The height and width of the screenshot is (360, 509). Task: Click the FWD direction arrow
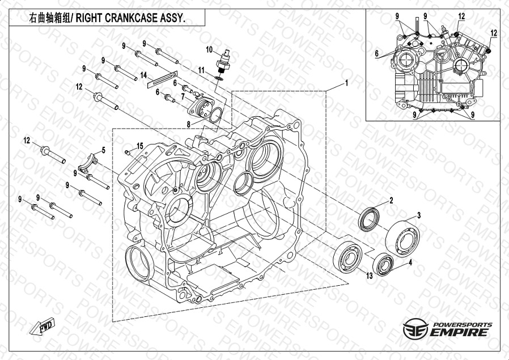(42, 326)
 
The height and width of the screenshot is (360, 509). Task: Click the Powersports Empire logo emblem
(415, 328)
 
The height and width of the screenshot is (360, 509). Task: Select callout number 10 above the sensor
(209, 50)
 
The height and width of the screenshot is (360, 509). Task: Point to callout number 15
(140, 146)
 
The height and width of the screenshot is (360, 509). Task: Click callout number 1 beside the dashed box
(346, 83)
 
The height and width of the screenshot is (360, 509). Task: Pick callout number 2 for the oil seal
(391, 201)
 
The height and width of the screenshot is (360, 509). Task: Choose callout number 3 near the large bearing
(419, 215)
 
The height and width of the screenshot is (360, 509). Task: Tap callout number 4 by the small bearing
(410, 262)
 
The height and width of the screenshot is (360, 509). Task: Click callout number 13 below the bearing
(370, 276)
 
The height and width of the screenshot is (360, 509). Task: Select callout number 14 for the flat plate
(143, 75)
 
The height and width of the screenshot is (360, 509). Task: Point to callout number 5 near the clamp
(104, 150)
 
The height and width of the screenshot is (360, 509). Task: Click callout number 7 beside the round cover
(183, 96)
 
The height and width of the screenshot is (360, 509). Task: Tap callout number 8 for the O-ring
(189, 124)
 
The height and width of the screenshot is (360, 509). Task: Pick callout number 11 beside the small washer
(201, 70)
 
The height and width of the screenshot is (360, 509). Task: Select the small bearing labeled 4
(383, 264)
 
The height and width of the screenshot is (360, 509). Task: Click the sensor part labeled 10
(224, 61)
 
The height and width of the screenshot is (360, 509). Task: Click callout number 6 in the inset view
(376, 53)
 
